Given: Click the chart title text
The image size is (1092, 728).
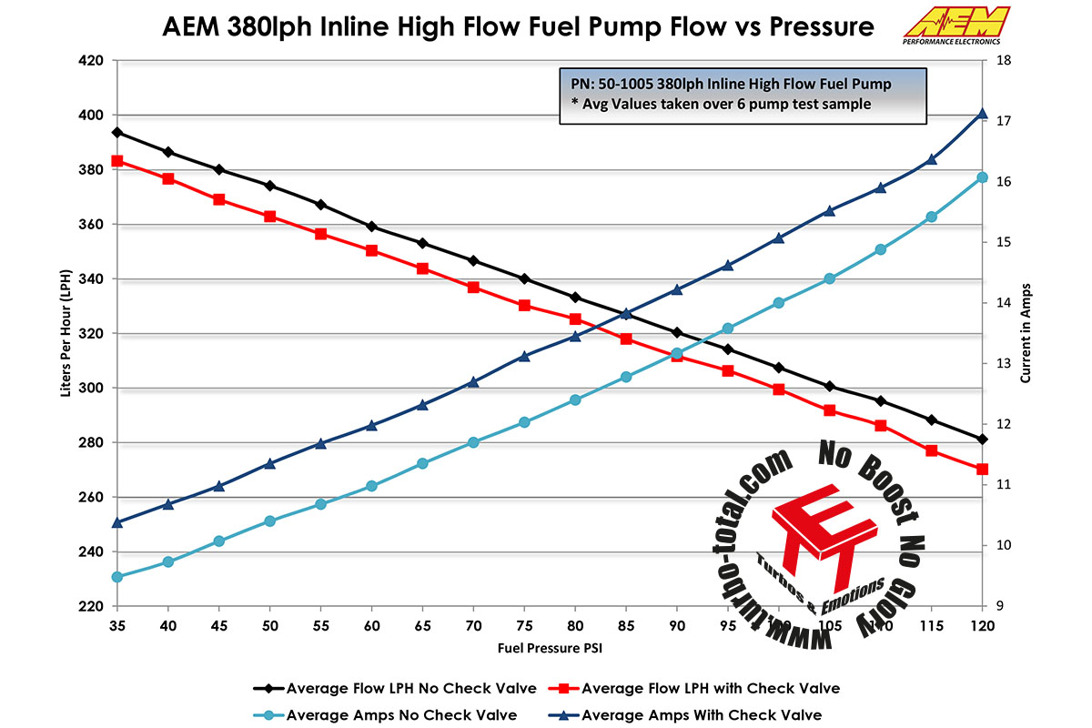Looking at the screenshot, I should coord(518,27).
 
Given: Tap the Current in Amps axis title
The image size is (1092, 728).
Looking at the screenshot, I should coord(1026,333).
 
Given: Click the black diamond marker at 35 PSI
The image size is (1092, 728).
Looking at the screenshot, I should coord(116,133).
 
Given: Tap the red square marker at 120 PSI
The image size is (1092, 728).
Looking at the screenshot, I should coord(982,470).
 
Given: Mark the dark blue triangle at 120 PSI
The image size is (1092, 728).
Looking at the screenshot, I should coord(982,114).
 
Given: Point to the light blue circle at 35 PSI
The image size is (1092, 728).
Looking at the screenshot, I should coord(116,577).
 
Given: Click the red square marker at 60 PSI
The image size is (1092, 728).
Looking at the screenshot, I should coord(371,250).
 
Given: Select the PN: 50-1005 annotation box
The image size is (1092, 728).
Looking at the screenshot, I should coord(743,94).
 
